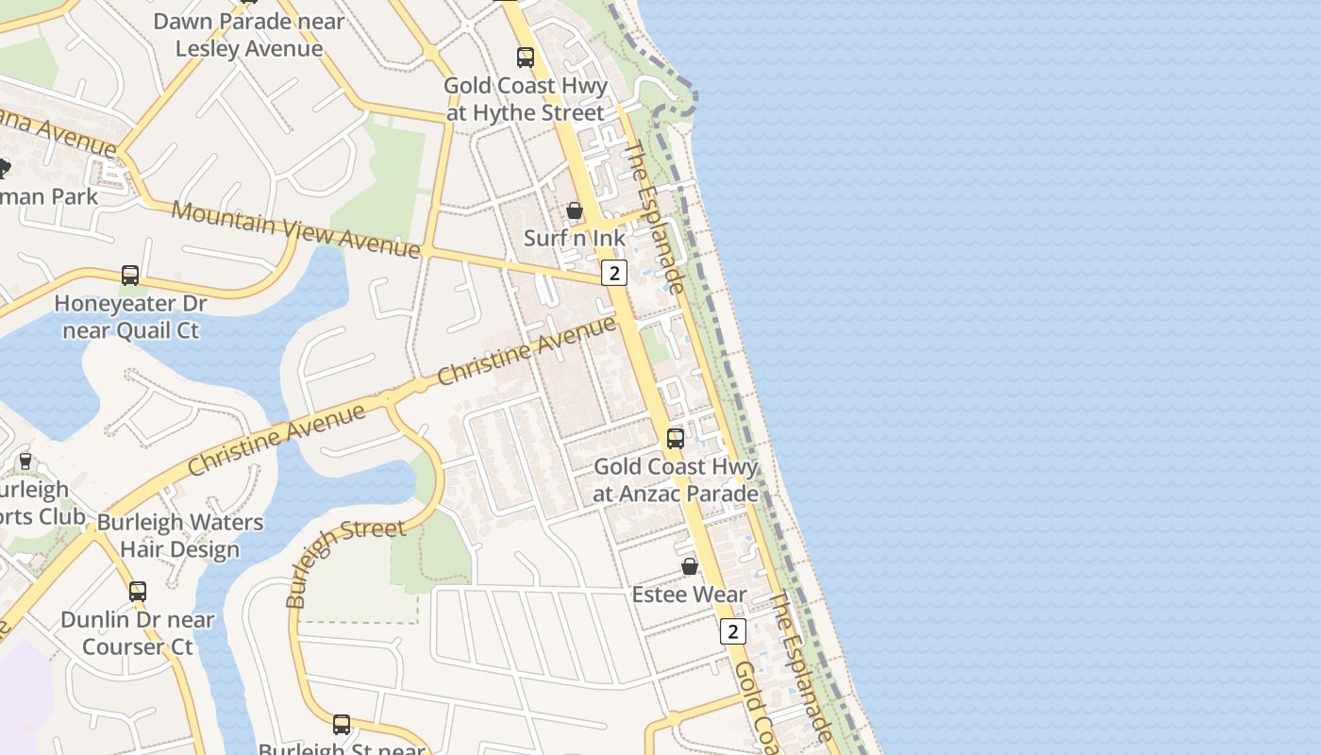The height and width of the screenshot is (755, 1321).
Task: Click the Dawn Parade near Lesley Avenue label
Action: click(249, 35)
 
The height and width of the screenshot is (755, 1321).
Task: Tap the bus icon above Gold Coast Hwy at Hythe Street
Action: click(526, 58)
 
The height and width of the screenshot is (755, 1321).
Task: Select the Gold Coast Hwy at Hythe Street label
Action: click(525, 99)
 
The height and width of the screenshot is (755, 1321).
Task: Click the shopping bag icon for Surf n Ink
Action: click(575, 210)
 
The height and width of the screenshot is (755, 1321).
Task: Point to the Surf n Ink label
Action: click(575, 238)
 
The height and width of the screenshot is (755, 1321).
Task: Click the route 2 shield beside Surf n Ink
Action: click(614, 273)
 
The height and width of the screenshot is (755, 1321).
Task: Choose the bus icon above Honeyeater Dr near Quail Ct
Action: click(130, 276)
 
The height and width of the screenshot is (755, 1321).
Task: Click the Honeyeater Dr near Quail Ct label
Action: click(130, 317)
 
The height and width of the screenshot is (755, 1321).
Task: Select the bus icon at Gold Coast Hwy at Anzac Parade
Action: click(676, 438)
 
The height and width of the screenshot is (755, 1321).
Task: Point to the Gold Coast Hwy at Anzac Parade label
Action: click(676, 479)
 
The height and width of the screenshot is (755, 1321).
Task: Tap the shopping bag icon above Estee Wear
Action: click(690, 566)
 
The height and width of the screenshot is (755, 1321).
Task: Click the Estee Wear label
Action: click(690, 595)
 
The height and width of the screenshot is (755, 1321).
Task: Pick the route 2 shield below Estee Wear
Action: click(732, 631)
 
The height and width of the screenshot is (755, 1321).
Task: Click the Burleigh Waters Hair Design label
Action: click(180, 535)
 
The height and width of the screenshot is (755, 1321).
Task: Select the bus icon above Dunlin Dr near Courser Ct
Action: click(138, 592)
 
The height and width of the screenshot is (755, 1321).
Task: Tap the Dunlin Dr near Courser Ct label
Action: click(138, 633)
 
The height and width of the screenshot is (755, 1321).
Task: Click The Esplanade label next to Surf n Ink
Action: click(654, 217)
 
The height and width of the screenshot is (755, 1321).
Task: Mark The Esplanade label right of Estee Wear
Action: click(801, 666)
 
